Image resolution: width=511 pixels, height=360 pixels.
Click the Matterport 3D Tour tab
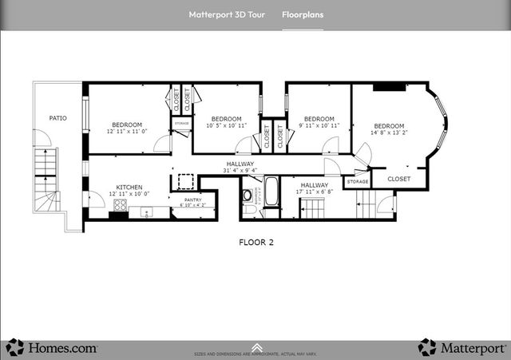pyautogui.click(x=228, y=14)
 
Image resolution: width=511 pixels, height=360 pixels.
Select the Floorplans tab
pyautogui.click(x=303, y=14)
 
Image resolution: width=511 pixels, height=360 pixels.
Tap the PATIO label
pyautogui.click(x=57, y=118)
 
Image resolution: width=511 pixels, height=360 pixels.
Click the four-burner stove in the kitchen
pyautogui.click(x=121, y=205)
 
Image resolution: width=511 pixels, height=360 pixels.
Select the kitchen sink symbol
pyautogui.click(x=145, y=212)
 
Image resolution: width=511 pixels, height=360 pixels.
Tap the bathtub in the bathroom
pyautogui.click(x=271, y=192)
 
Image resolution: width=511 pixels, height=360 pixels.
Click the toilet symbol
pyautogui.click(x=248, y=195)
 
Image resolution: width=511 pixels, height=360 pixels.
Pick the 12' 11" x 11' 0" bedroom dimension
pyautogui.click(x=127, y=132)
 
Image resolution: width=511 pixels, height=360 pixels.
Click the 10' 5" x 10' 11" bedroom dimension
pyautogui.click(x=226, y=125)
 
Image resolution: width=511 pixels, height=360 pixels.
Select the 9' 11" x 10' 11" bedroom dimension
pyautogui.click(x=319, y=125)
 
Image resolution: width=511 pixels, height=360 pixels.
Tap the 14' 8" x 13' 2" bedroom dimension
pyautogui.click(x=389, y=133)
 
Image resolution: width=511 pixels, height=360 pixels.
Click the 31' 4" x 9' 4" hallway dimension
pyautogui.click(x=240, y=170)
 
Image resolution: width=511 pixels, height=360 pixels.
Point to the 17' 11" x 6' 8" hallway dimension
pyautogui.click(x=314, y=192)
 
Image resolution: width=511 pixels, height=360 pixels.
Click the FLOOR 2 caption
pyautogui.click(x=256, y=242)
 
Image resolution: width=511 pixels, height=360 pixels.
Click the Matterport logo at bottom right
pyautogui.click(x=462, y=347)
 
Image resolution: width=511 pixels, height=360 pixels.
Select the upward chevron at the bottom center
pyautogui.click(x=255, y=346)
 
